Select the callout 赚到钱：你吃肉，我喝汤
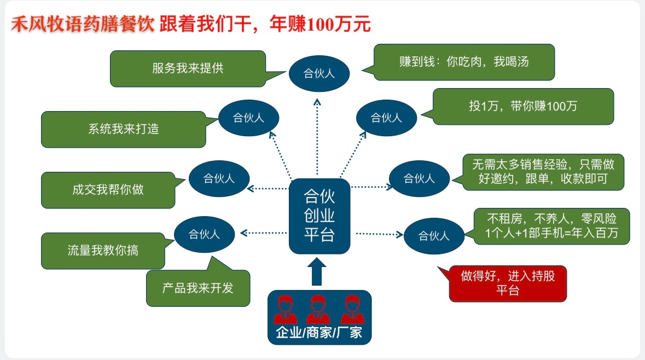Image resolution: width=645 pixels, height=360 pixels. [464, 62]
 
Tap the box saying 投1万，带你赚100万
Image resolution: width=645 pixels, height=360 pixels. [522, 106]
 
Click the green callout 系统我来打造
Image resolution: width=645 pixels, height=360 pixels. [124, 130]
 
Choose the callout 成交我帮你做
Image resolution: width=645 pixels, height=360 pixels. [108, 190]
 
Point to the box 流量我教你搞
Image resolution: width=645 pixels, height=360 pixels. [103, 251]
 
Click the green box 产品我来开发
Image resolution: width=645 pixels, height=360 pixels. [197, 288]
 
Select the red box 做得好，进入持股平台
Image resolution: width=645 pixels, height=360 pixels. [508, 283]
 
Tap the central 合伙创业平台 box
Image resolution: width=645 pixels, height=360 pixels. [319, 216]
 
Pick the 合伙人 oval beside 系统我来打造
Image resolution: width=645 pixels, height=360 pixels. [249, 117]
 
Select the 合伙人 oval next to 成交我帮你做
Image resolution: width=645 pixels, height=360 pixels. [219, 178]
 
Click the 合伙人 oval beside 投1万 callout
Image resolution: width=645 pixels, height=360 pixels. [386, 118]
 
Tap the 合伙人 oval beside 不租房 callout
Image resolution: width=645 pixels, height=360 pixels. [434, 236]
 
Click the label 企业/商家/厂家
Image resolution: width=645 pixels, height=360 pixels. [319, 332]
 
